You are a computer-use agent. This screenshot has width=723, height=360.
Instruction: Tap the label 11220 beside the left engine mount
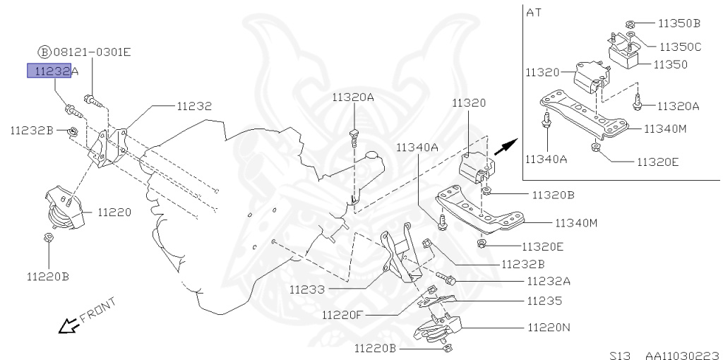coord(114,211)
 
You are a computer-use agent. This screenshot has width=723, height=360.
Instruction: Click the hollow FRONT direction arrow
coord(68,326)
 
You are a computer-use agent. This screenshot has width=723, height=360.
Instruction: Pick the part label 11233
coord(307,289)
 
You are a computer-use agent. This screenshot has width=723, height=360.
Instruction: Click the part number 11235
coord(544,301)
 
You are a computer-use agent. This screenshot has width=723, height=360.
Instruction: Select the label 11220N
coord(548,328)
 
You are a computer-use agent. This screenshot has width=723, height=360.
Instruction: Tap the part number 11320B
coord(554,194)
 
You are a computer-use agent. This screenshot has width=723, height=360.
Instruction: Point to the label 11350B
coord(679,23)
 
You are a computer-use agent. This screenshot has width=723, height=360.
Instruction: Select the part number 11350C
coord(680,47)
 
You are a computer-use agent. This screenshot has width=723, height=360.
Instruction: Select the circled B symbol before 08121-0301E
coord(44,52)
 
